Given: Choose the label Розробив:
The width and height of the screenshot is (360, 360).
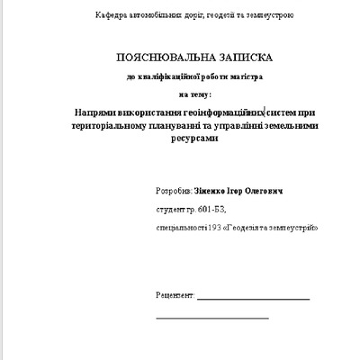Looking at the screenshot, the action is [x=173, y=192].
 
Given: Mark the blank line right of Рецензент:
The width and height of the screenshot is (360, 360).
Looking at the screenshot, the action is [x=253, y=296].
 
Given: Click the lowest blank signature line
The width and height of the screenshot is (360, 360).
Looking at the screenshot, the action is [x=211, y=317].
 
